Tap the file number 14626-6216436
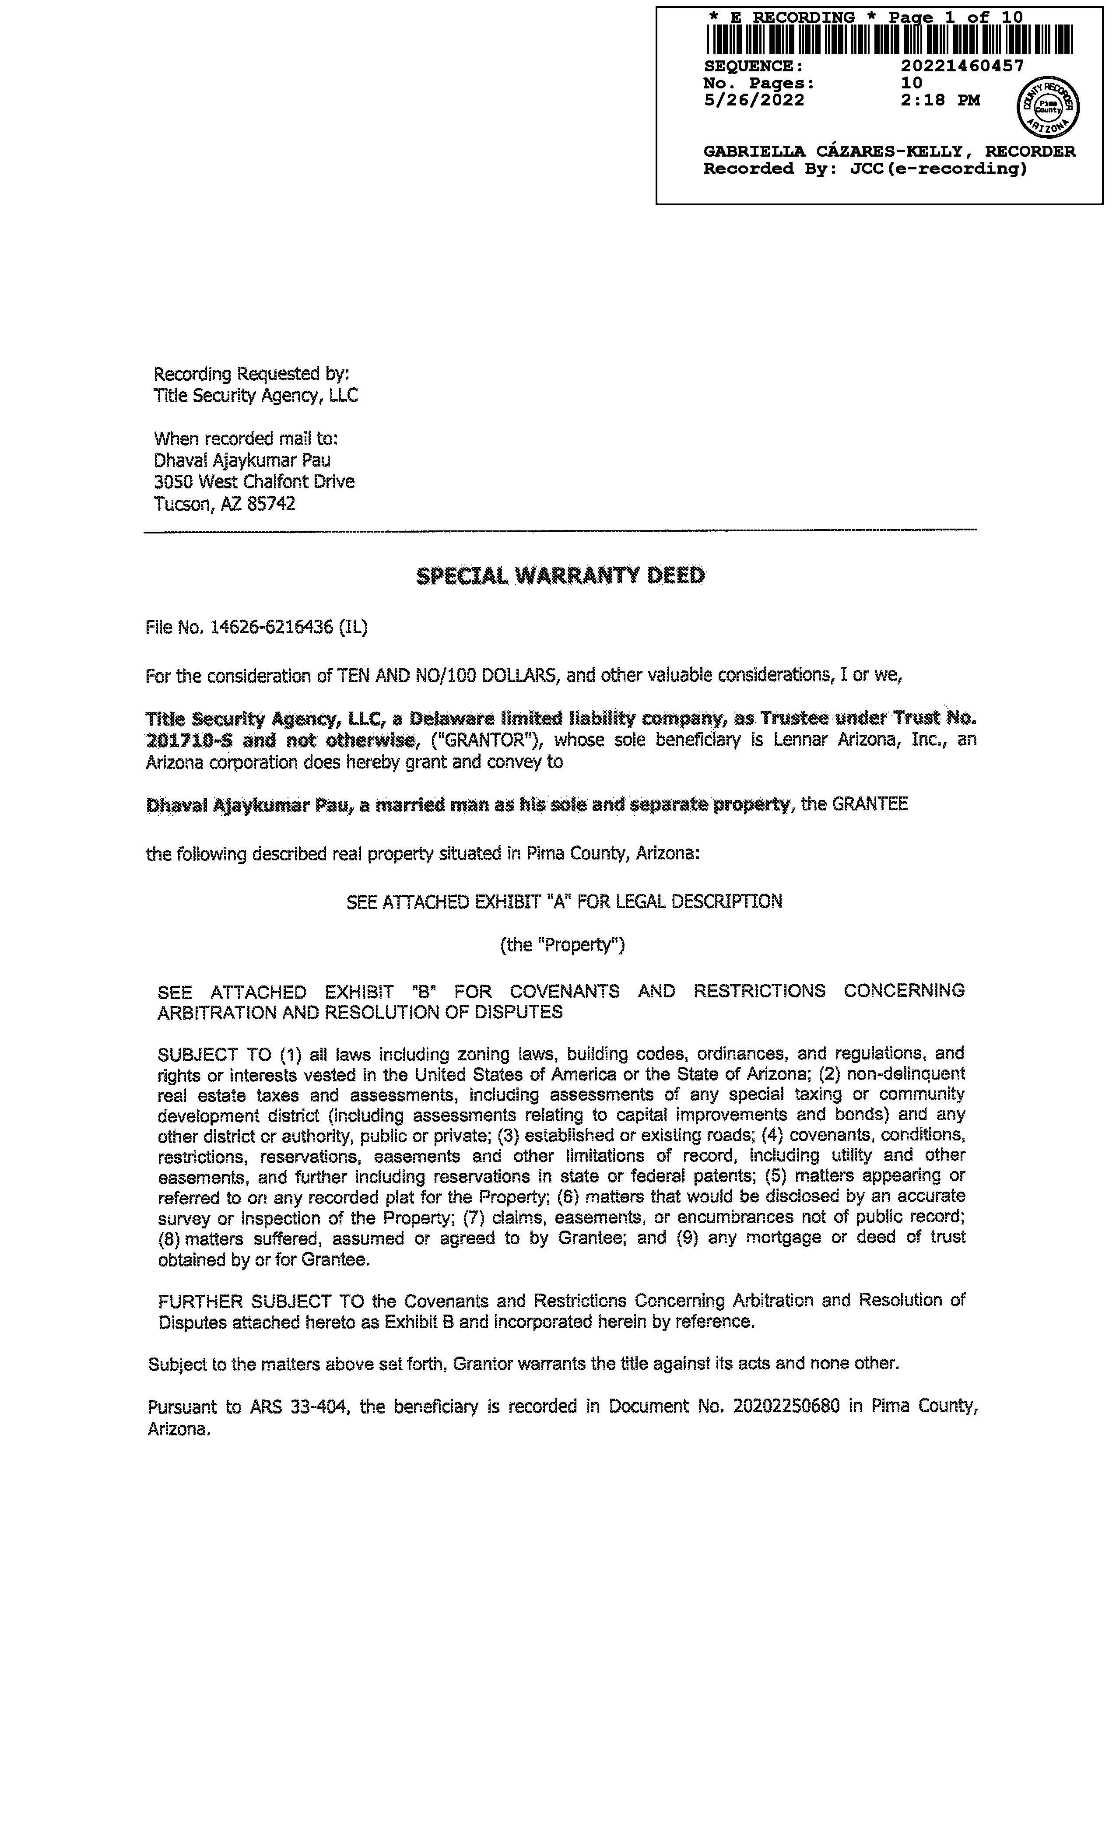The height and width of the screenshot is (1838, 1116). coord(271,628)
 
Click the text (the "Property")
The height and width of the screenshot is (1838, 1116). coord(562,945)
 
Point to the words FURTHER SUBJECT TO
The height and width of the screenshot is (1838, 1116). coord(261,1301)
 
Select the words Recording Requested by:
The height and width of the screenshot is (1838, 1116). coord(251,374)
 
